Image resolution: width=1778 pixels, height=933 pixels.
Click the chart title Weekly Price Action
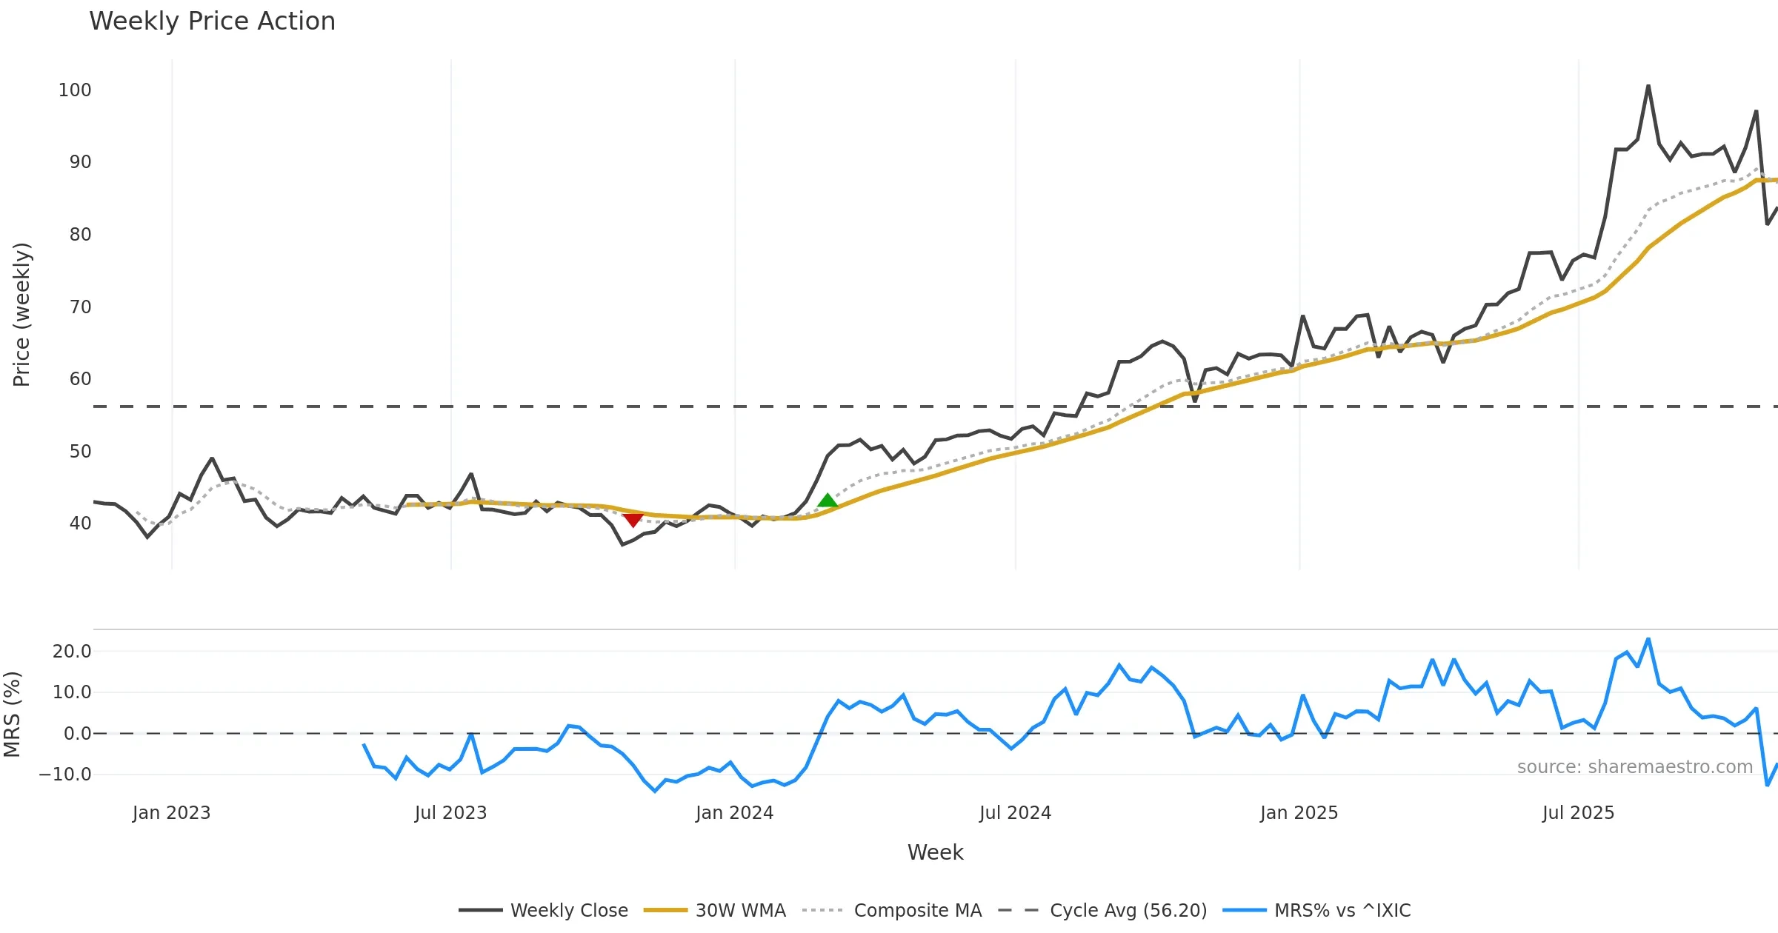point(212,21)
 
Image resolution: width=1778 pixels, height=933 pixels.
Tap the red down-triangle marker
point(633,520)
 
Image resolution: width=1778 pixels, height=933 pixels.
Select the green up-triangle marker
point(828,501)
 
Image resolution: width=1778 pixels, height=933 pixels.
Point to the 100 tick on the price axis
point(75,90)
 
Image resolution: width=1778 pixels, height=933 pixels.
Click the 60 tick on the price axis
point(80,379)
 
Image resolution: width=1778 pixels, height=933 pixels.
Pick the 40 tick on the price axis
point(80,524)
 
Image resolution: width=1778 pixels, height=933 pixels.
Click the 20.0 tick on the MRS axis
point(72,652)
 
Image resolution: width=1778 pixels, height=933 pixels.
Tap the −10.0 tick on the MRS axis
point(65,775)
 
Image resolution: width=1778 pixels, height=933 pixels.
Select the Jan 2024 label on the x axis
point(734,813)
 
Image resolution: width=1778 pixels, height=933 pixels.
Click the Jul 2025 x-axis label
point(1578,813)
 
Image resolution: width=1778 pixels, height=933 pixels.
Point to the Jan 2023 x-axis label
point(171,813)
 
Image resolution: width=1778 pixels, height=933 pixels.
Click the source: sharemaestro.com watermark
point(1634,767)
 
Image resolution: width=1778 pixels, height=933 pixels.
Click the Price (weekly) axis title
point(21,315)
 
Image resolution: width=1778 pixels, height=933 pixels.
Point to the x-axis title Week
point(935,852)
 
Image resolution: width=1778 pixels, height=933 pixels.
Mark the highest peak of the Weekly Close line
point(1648,86)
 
